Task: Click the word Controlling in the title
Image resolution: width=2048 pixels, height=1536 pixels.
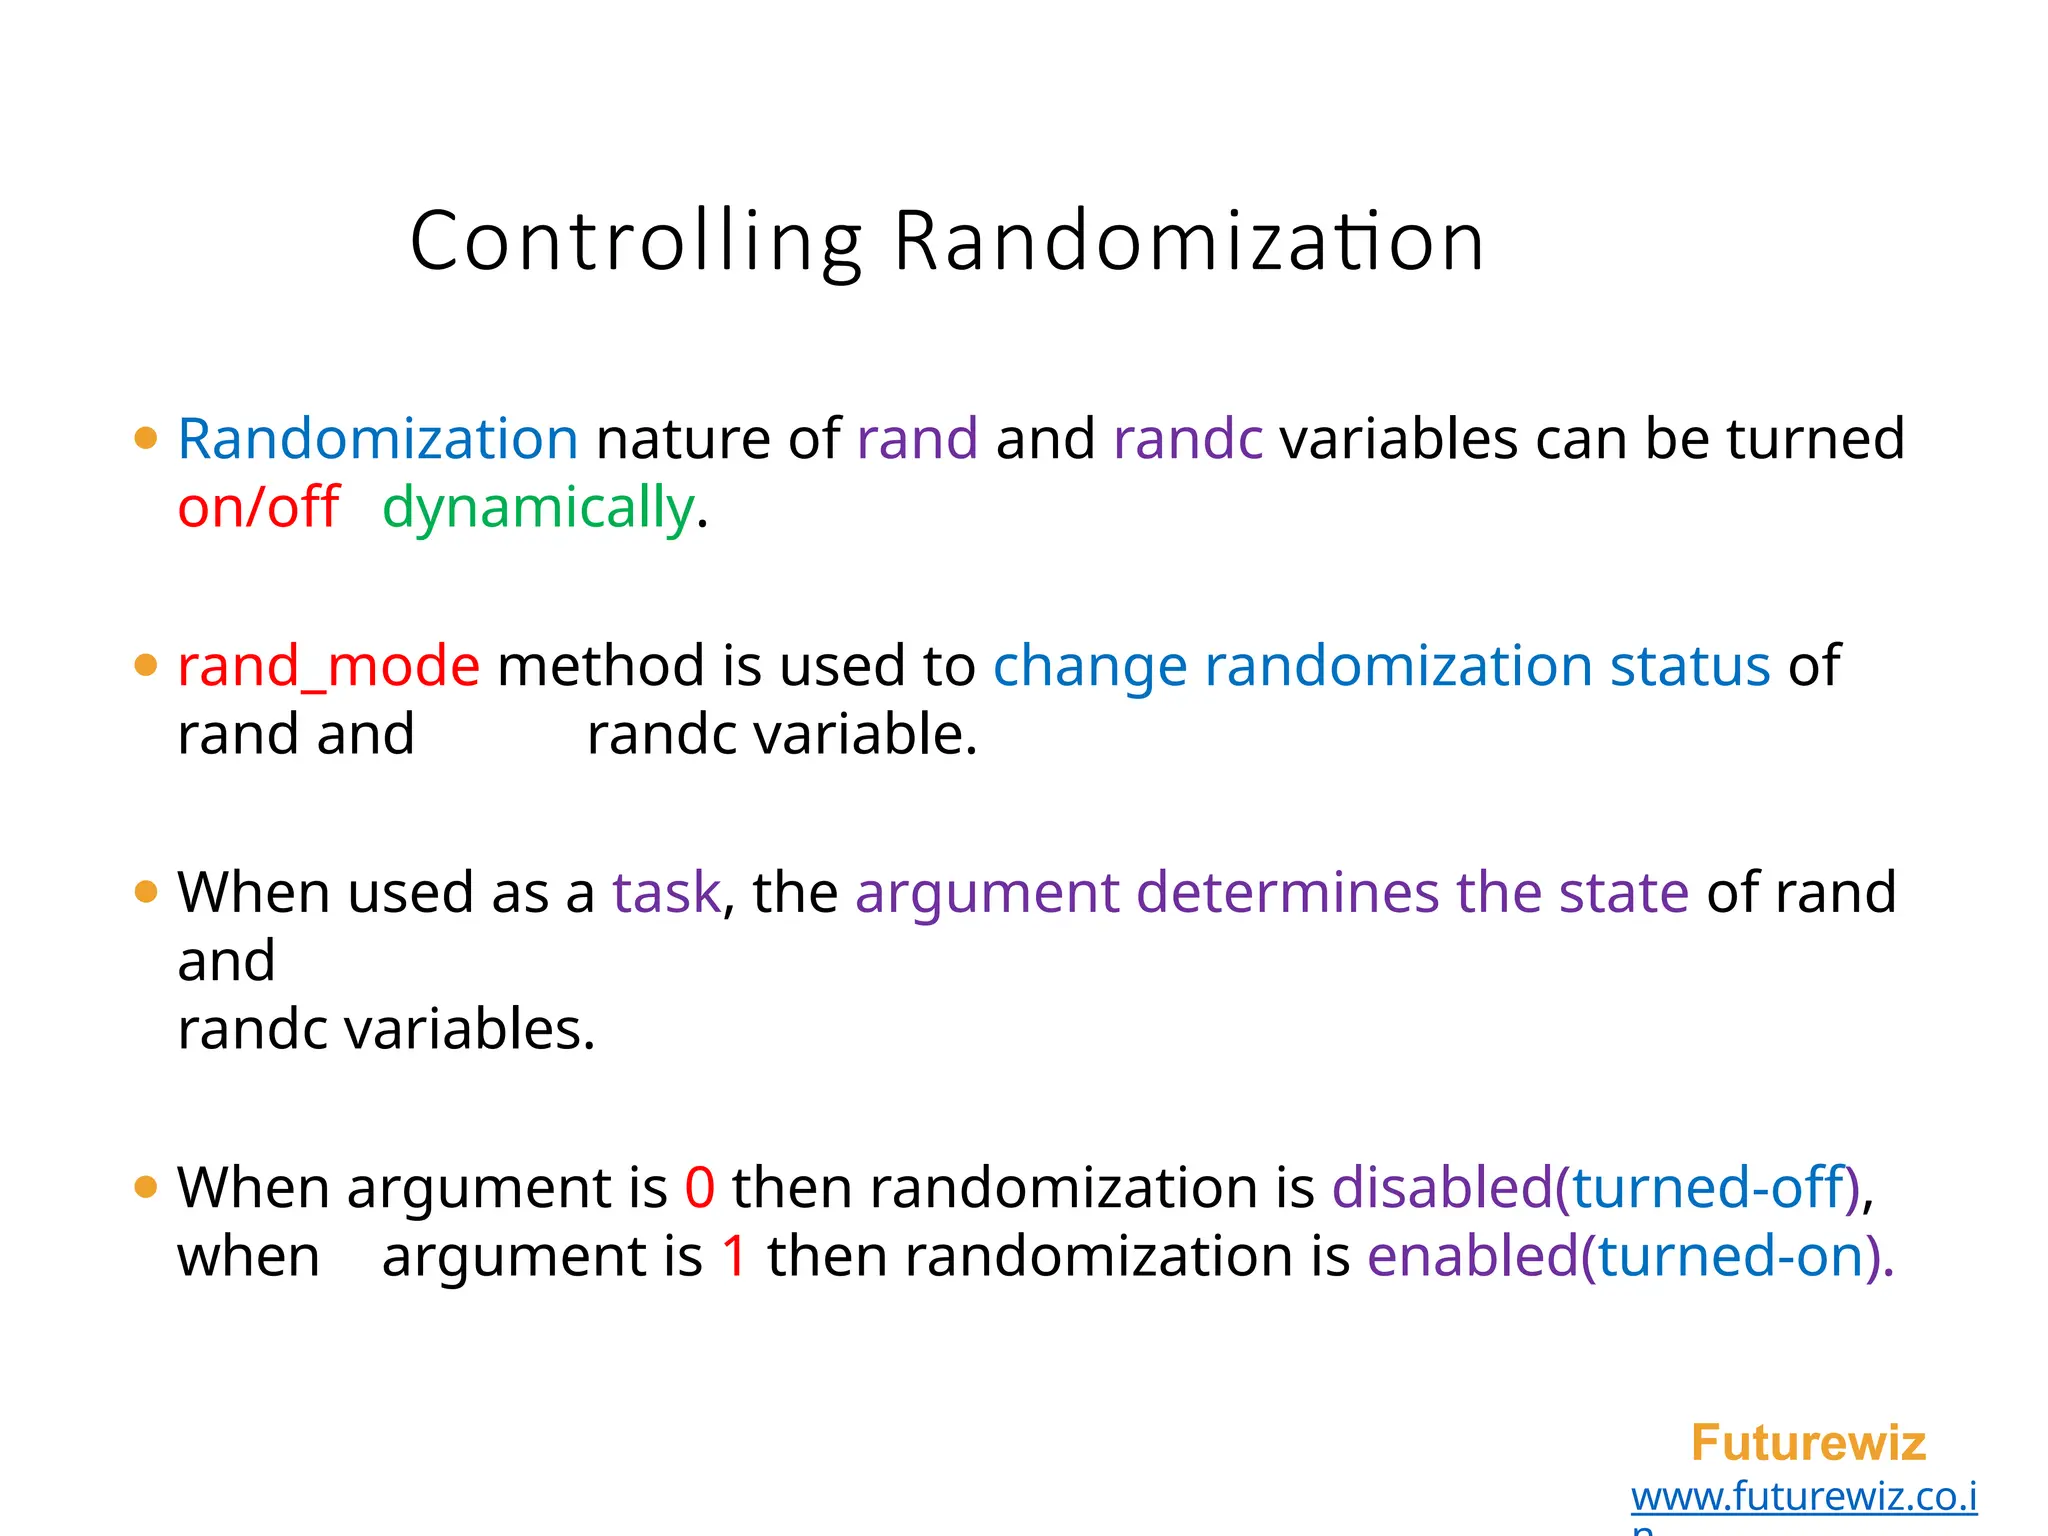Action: [x=636, y=242]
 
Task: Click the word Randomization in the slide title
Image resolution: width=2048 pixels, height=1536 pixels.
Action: [x=1188, y=242]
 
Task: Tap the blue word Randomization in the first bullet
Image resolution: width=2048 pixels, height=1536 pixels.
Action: [x=378, y=439]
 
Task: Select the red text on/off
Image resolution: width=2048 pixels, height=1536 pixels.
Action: [x=258, y=507]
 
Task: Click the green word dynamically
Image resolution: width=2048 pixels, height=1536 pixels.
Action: [x=538, y=507]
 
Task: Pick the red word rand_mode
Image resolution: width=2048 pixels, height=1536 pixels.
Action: [x=328, y=666]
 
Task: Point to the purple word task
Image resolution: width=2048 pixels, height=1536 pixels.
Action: [x=666, y=892]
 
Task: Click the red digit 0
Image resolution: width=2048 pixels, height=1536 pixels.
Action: [x=700, y=1188]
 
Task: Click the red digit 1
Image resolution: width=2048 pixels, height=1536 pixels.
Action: [x=735, y=1256]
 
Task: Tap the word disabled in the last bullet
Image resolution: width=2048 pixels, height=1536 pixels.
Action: [x=1441, y=1188]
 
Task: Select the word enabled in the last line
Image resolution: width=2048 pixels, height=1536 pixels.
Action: [x=1472, y=1256]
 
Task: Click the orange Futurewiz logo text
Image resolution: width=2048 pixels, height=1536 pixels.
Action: [x=1808, y=1443]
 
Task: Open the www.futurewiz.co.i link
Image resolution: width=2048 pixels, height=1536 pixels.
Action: [x=1804, y=1497]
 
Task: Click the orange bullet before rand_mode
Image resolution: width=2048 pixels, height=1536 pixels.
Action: [x=146, y=666]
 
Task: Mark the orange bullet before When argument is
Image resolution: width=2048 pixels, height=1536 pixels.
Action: [x=146, y=1188]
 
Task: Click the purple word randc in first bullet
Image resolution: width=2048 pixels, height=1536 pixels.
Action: [x=1188, y=439]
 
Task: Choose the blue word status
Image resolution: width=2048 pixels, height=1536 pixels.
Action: [x=1690, y=666]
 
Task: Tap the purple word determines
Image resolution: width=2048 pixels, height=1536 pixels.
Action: [x=1288, y=892]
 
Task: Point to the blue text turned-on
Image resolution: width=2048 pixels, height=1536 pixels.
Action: [x=1732, y=1256]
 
